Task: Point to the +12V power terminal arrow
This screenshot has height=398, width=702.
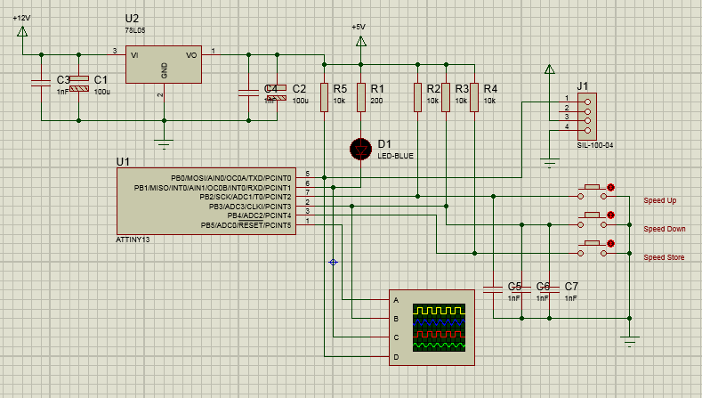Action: point(22,33)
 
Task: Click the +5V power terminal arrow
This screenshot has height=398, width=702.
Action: point(360,41)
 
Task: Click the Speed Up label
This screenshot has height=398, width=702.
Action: point(660,200)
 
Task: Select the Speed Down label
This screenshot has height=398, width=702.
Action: point(664,229)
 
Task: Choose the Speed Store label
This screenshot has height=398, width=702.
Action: point(664,257)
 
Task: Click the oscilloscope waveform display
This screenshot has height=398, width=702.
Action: point(439,327)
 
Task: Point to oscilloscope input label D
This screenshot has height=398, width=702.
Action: point(395,357)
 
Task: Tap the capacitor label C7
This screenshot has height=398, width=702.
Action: point(571,286)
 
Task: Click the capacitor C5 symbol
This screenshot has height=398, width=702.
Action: point(492,288)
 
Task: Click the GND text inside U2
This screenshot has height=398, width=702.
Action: point(164,71)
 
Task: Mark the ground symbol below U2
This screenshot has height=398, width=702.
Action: point(163,139)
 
